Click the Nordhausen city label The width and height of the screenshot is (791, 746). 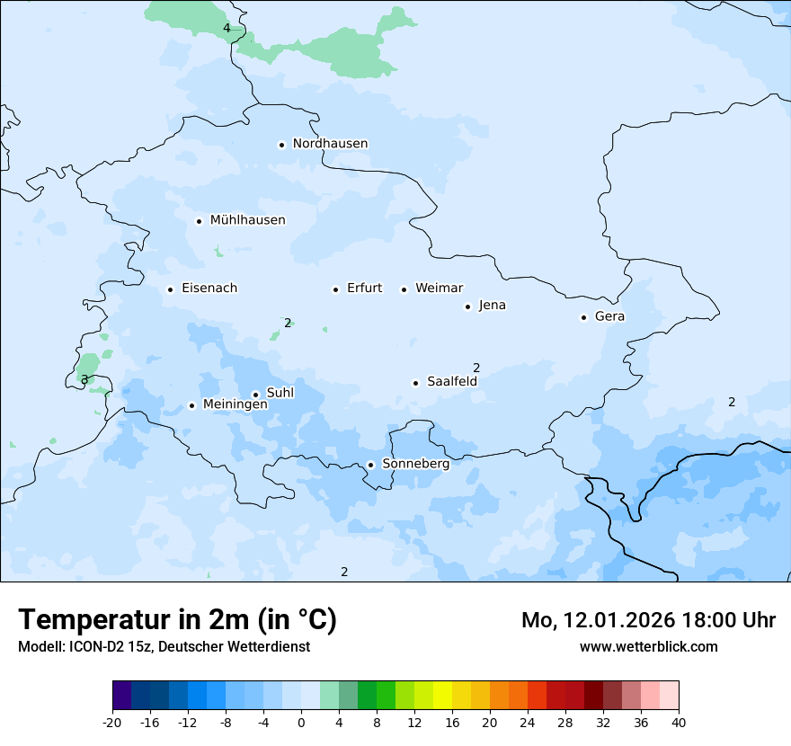click(x=330, y=144)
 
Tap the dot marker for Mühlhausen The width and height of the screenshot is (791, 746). click(x=199, y=221)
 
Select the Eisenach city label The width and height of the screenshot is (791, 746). click(x=209, y=289)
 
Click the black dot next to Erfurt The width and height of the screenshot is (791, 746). click(x=335, y=289)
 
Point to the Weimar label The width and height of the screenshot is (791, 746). click(x=439, y=289)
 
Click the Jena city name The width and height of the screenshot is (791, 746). click(x=492, y=306)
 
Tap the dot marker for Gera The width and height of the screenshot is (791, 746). click(x=583, y=317)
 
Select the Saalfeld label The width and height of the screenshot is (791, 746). click(x=451, y=382)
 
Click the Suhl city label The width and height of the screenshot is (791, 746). click(x=280, y=393)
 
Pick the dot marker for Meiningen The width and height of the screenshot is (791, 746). click(x=191, y=405)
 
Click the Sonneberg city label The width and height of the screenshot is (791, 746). click(x=415, y=464)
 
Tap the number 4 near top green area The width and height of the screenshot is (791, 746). click(x=227, y=28)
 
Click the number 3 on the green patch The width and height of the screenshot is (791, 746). click(x=84, y=380)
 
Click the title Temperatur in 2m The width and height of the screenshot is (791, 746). click(x=177, y=620)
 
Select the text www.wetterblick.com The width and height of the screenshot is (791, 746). click(x=648, y=646)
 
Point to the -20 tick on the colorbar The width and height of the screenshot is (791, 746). click(x=112, y=723)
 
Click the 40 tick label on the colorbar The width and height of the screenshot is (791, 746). click(x=679, y=723)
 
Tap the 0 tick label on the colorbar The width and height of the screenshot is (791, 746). click(x=301, y=723)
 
